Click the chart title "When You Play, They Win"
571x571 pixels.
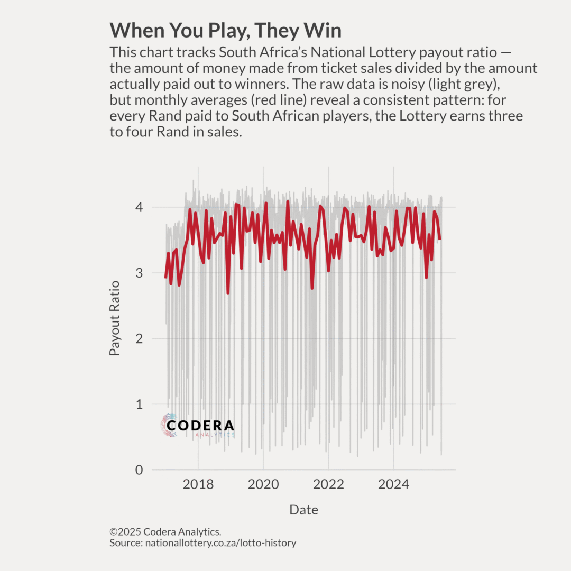tap(225, 30)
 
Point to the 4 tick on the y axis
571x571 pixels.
tap(139, 207)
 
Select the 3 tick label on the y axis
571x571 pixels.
tap(139, 273)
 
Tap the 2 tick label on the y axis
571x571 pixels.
tap(139, 338)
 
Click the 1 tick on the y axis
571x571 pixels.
tap(139, 404)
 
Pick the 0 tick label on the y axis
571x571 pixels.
tap(139, 470)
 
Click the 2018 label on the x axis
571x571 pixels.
tap(198, 484)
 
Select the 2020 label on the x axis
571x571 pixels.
tap(263, 484)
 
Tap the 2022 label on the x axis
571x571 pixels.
tap(328, 484)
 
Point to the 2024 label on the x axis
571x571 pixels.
tap(394, 484)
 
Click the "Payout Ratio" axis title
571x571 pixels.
tap(115, 318)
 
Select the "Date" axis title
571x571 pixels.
tap(303, 510)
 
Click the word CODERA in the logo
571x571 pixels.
tap(200, 425)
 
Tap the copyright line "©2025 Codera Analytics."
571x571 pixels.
tap(165, 532)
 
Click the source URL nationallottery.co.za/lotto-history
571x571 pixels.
tap(220, 543)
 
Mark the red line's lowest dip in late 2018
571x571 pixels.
tap(228, 293)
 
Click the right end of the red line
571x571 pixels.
tap(440, 240)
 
